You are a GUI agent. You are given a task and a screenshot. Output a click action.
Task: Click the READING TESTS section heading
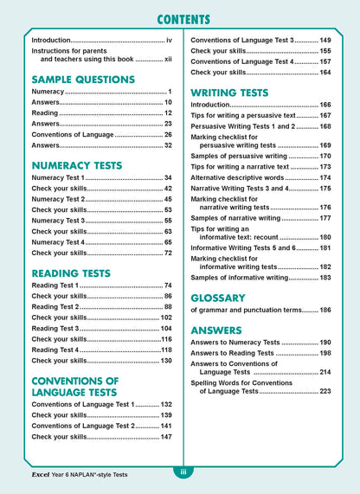coord(74,273)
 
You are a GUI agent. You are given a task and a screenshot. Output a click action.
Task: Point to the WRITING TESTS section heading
coord(235,91)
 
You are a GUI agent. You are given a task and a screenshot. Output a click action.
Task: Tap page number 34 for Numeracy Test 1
coord(168,178)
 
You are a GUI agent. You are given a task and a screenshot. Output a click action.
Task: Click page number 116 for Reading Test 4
coord(166,339)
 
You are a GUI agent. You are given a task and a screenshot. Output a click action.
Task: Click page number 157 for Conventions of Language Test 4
coord(325,61)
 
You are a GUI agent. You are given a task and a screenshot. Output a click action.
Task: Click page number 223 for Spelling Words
coord(325,391)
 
